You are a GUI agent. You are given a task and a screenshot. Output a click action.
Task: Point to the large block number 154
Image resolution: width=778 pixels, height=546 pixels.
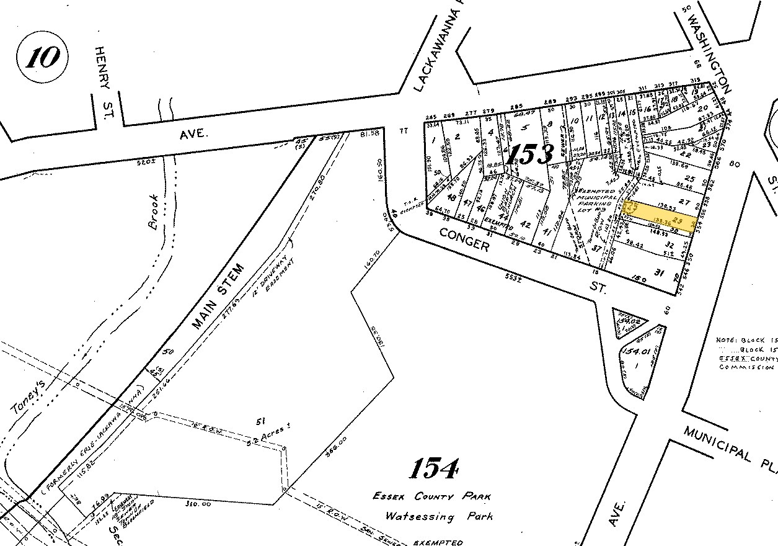[435, 469]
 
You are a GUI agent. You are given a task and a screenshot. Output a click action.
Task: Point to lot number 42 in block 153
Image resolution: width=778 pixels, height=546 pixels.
[525, 224]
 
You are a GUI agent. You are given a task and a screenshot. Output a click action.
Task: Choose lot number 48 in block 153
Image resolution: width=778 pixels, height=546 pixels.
[451, 198]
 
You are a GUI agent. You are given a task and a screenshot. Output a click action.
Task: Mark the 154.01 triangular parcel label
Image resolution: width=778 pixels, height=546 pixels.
[633, 352]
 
